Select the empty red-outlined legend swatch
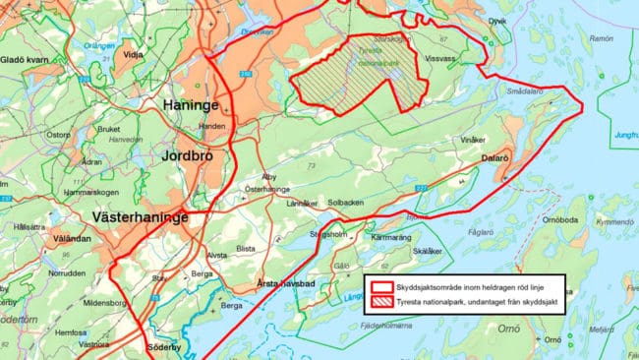click(381, 282)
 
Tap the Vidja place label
click(133, 55)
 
